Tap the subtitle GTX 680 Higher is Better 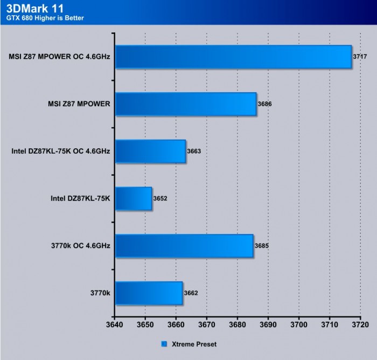tap(45, 18)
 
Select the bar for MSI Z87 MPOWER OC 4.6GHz tap(233, 57)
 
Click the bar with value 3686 tap(186, 104)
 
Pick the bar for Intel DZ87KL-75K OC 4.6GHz tap(150, 151)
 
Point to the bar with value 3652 tap(134, 198)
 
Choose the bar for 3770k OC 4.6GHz tap(184, 246)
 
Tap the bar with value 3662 tap(149, 293)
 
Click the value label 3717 tap(360, 56)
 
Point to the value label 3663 tap(194, 151)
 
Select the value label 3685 tap(262, 246)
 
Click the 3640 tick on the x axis tap(115, 326)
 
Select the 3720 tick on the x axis tap(360, 326)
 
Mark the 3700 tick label tap(298, 326)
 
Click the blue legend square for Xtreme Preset tap(164, 343)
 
